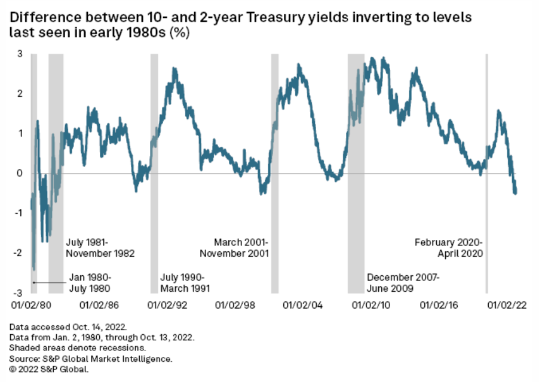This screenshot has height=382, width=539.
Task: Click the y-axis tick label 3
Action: (19, 54)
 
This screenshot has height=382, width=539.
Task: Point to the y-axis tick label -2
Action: (18, 253)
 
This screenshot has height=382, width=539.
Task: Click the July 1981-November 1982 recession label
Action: (99, 248)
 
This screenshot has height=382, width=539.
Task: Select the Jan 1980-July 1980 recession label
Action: (90, 282)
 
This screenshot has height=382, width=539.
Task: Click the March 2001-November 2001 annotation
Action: (234, 248)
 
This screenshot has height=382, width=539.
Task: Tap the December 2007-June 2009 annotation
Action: (403, 282)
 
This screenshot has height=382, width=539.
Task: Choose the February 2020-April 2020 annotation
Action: (449, 248)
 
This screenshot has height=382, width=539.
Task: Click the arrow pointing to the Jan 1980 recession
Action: (48, 282)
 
